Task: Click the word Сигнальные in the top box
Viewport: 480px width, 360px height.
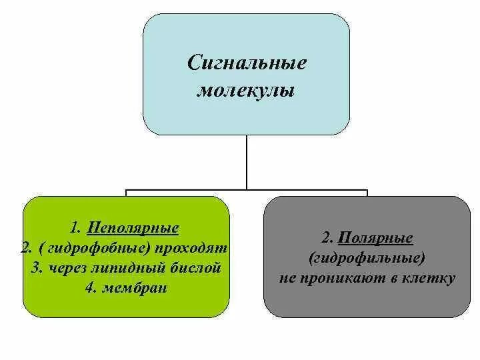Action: point(247,64)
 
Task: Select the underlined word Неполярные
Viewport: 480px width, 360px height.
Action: point(141,229)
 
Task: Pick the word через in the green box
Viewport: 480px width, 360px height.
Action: point(64,269)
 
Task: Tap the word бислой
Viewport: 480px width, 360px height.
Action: point(186,269)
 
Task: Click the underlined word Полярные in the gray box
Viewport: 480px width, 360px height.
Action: point(375,238)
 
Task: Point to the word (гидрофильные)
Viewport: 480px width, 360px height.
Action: point(367,258)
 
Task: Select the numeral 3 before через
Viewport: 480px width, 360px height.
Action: point(36,269)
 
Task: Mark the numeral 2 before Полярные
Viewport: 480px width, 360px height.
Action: point(325,238)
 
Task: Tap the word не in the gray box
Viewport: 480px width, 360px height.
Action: point(288,278)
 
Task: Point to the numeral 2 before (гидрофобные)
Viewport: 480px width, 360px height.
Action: point(25,249)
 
